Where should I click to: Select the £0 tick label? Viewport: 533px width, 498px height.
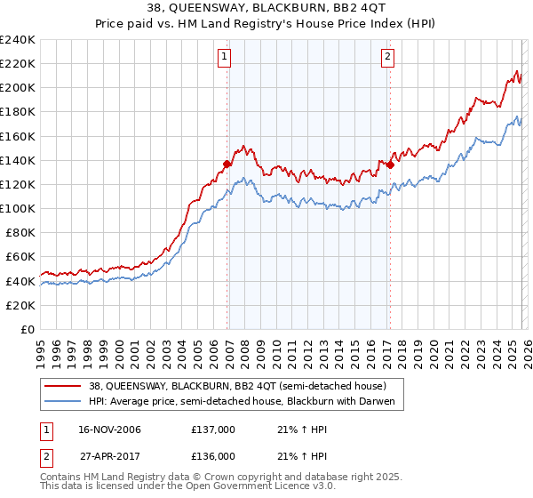point(28,329)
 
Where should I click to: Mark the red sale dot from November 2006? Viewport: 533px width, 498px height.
point(227,164)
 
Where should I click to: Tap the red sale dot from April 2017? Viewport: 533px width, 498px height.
point(391,164)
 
